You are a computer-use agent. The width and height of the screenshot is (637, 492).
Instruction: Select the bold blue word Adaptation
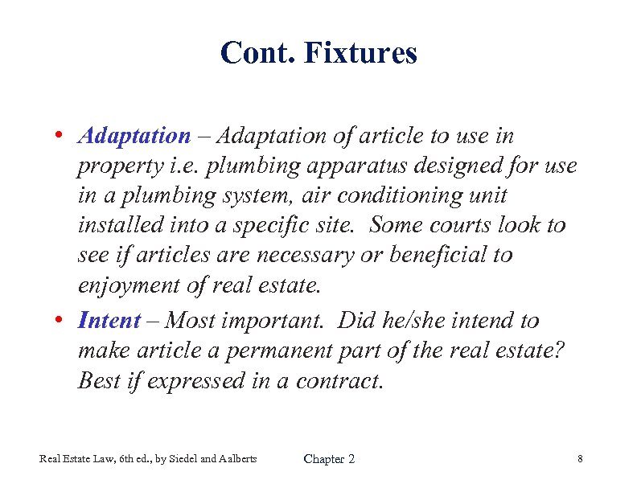(x=134, y=137)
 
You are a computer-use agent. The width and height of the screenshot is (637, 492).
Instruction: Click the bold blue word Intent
(x=109, y=321)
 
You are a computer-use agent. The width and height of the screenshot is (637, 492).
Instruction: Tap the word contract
(x=337, y=380)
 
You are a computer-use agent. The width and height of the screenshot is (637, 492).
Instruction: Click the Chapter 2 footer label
(x=329, y=459)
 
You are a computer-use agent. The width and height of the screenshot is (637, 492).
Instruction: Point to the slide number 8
(x=579, y=459)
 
